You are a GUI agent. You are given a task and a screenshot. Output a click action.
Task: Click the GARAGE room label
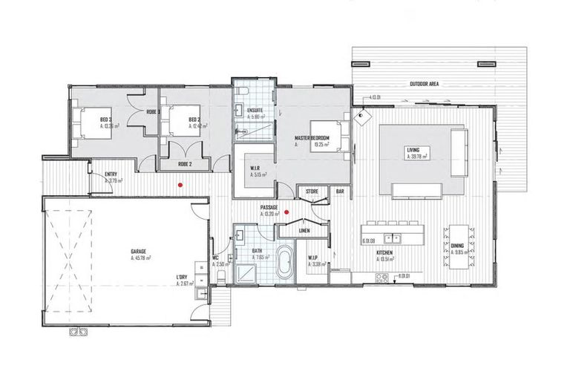138,252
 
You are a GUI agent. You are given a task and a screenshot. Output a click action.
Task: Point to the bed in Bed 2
180,122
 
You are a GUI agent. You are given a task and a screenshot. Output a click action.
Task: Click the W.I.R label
255,168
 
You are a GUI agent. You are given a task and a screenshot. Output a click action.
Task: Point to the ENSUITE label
255,109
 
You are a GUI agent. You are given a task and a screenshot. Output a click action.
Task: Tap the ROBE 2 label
186,163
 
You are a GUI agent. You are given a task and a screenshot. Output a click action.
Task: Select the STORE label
312,191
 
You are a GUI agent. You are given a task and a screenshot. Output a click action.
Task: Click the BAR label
340,191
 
